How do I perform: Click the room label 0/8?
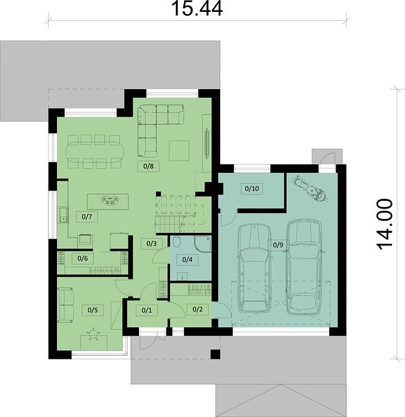pos(148,166)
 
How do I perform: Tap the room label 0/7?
pos(87,217)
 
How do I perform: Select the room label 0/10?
pos(251,188)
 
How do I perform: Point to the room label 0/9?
pos(278,245)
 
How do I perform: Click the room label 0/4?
pos(187,259)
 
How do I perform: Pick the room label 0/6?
pos(83,259)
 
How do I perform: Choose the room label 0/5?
pos(92,310)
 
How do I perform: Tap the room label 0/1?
pos(147,310)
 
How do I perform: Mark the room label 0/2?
pos(197,309)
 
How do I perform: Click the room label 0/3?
pos(151,243)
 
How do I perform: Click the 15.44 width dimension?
pos(197,8)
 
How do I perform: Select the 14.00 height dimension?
pos(385,224)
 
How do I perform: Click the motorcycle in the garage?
pos(310,189)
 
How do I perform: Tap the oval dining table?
pos(95,152)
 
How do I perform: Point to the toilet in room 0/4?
pos(176,242)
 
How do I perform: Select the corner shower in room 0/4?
pos(203,244)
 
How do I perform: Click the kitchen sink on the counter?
pos(63,215)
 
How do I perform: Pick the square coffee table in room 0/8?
pos(179,151)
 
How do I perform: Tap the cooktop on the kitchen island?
pos(110,202)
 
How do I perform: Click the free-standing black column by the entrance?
pos(215,354)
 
